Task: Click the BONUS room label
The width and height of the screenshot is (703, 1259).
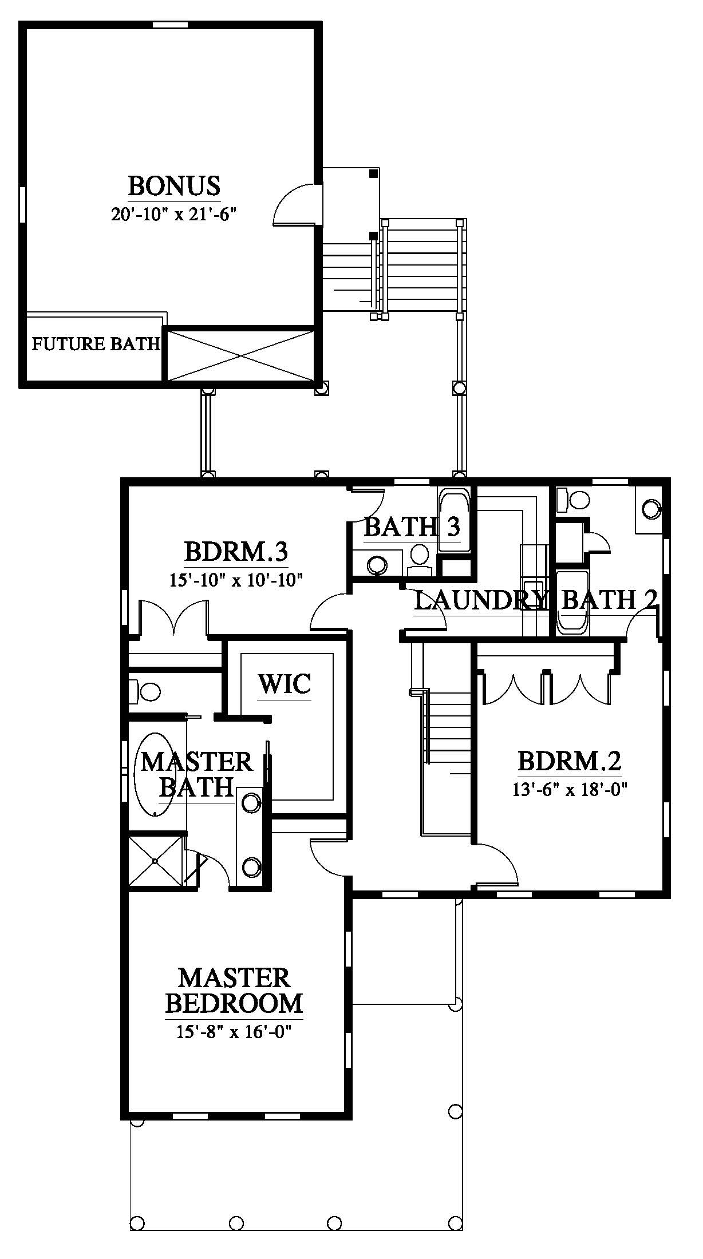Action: pos(174,186)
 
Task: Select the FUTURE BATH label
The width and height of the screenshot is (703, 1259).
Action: pos(95,344)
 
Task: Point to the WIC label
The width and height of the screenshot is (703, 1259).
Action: pos(285,683)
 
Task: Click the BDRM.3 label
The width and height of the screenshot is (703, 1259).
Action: pos(235,552)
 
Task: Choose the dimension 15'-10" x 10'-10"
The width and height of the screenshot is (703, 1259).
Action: pos(235,580)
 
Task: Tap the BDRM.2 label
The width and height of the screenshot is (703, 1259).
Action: pos(570,762)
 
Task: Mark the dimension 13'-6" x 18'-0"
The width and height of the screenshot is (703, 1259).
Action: pos(570,790)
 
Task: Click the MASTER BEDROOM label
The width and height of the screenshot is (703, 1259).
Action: pos(234,991)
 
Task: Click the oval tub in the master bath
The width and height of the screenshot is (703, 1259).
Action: pos(156,774)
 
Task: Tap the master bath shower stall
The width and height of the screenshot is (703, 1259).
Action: pos(155,862)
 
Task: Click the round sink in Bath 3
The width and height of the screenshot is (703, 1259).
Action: pos(378,565)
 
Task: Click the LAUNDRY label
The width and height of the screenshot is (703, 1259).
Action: pos(480,600)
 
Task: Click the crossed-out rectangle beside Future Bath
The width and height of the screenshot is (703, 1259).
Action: pos(240,355)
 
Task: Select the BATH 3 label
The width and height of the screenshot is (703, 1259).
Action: pos(412,526)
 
